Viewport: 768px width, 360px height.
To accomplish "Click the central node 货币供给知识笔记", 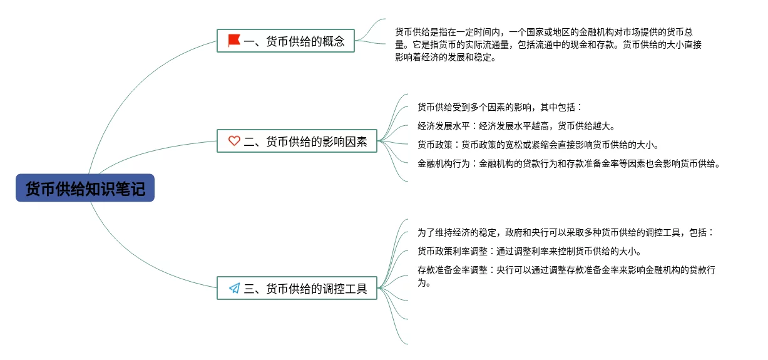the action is [x=85, y=188].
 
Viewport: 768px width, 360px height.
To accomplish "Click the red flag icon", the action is [x=234, y=41].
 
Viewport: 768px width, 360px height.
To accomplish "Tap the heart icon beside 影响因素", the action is [x=234, y=141].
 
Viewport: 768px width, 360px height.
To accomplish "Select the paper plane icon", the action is [x=234, y=289].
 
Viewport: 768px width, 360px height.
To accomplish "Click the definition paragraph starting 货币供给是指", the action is [x=548, y=44].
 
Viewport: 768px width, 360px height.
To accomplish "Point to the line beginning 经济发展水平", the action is [x=516, y=126].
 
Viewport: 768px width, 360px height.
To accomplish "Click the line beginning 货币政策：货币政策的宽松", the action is [x=538, y=145].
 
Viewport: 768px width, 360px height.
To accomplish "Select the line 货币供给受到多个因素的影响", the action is [x=499, y=107].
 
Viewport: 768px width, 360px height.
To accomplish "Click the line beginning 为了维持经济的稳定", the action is [x=566, y=232].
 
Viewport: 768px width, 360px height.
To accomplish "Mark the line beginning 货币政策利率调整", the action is [x=529, y=252].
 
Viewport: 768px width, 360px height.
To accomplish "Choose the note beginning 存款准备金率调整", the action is [x=566, y=276].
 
